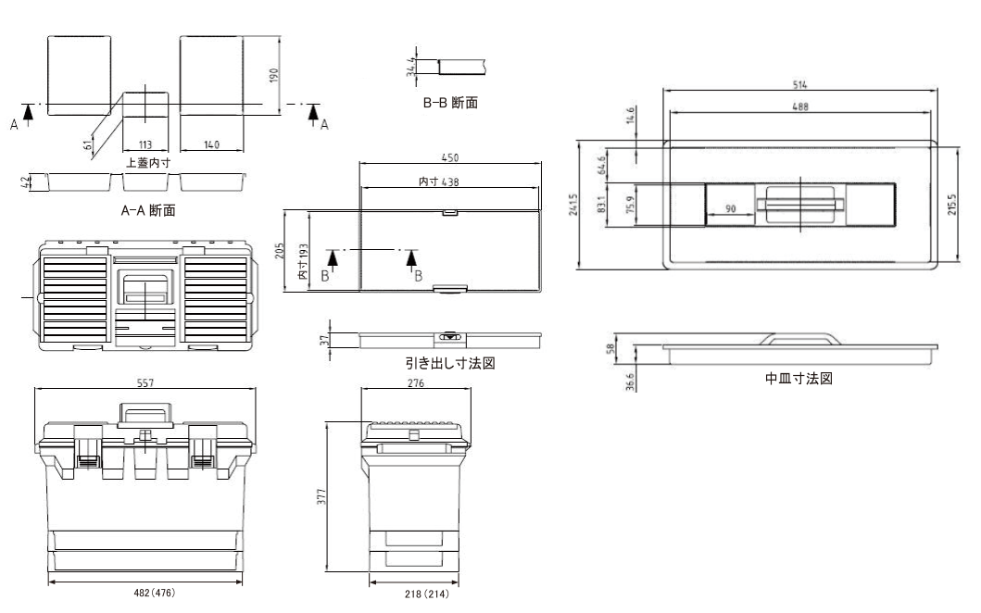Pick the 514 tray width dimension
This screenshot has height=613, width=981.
click(798, 84)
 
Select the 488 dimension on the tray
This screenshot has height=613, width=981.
click(799, 106)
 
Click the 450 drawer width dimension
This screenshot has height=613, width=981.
click(450, 157)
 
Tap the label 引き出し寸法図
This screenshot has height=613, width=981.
click(446, 363)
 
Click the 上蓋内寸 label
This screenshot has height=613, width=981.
click(147, 162)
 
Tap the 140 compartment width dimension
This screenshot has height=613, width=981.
click(214, 144)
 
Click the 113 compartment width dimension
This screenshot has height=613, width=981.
click(146, 144)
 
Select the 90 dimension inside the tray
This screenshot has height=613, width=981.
click(730, 208)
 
